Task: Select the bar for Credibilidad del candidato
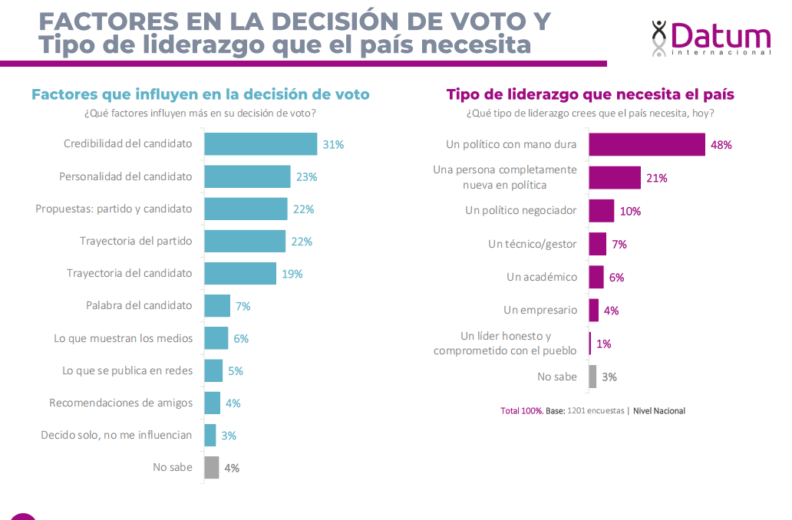click(x=260, y=144)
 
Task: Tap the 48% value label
click(x=721, y=145)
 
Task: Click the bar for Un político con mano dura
click(x=646, y=145)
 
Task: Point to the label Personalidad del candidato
click(x=126, y=176)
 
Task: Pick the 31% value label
click(x=333, y=144)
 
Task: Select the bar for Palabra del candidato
click(x=217, y=306)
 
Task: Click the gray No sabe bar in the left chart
click(x=212, y=467)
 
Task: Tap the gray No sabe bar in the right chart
click(x=592, y=377)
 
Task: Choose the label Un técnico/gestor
click(x=532, y=244)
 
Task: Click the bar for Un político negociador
click(x=601, y=211)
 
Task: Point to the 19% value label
click(x=292, y=274)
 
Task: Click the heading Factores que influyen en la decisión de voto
click(x=200, y=95)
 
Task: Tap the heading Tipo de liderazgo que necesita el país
click(x=590, y=95)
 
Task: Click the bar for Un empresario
click(x=593, y=310)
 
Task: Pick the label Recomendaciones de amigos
click(x=121, y=403)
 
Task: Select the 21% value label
click(x=657, y=178)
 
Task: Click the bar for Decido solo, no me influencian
click(x=210, y=435)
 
